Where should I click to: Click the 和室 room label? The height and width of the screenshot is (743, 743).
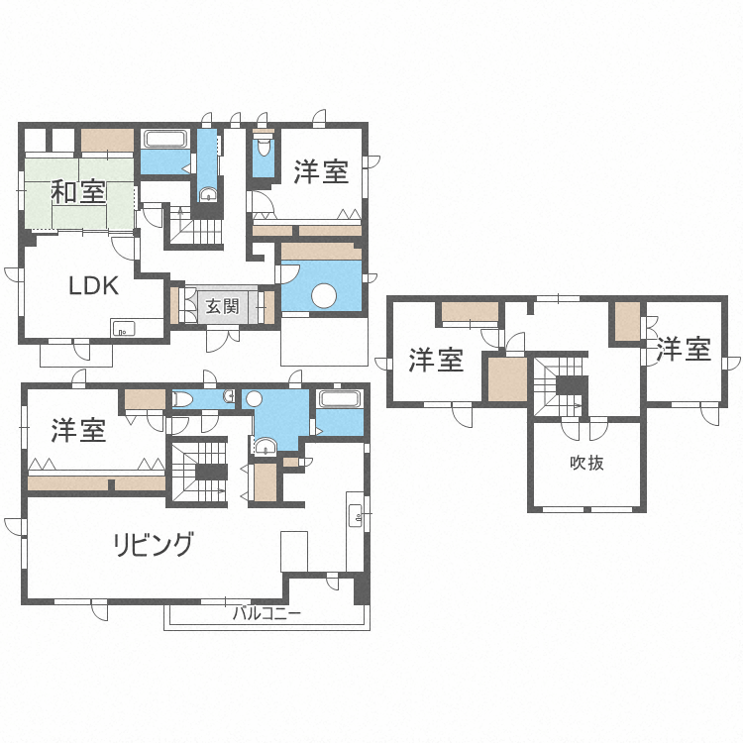pos(78,192)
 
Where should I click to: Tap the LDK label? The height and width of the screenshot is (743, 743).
pos(94,286)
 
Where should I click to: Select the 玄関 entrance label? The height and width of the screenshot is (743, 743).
pos(222,306)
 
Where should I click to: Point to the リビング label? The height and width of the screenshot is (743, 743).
pos(154,544)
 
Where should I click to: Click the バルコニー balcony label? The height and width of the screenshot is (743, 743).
pos(266,614)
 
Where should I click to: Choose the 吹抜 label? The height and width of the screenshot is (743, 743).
pos(586,463)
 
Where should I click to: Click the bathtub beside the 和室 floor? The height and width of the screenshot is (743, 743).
pos(164,140)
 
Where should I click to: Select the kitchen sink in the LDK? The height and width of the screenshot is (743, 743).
pos(123,328)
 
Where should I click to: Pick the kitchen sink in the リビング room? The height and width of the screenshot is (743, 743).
pos(356,515)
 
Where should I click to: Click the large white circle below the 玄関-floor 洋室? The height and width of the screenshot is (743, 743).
pos(324,295)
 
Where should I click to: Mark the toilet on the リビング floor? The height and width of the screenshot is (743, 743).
pos(182,399)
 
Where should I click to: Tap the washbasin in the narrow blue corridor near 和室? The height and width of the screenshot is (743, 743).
pos(208,195)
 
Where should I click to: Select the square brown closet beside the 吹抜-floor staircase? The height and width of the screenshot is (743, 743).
pos(507,379)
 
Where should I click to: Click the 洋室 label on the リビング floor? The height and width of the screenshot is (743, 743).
pos(78,430)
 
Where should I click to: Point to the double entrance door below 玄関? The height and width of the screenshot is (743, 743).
pos(223,340)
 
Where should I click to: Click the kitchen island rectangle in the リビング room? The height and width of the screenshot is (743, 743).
pos(294,552)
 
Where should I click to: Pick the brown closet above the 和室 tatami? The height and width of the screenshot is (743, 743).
pos(107,141)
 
